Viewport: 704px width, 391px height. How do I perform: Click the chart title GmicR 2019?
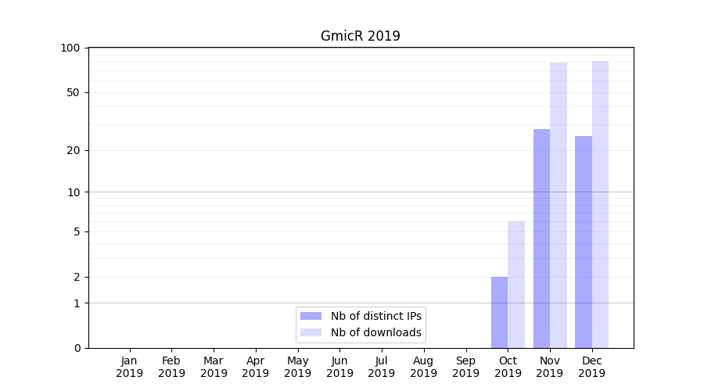pyautogui.click(x=360, y=36)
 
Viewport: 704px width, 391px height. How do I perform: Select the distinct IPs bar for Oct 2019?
pyautogui.click(x=499, y=312)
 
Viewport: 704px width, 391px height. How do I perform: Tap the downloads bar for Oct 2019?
pyautogui.click(x=516, y=285)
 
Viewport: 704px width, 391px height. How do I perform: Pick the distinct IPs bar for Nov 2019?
pyautogui.click(x=541, y=239)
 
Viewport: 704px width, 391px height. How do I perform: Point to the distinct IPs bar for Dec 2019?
pyautogui.click(x=584, y=242)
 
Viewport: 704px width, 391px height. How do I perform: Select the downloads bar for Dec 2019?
pyautogui.click(x=601, y=204)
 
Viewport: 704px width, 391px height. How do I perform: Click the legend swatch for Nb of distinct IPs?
pyautogui.click(x=311, y=316)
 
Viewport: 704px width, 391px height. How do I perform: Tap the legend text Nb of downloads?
pyautogui.click(x=375, y=332)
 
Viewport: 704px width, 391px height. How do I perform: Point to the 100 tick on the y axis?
pyautogui.click(x=70, y=48)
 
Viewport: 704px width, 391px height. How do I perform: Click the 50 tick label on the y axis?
pyautogui.click(x=74, y=92)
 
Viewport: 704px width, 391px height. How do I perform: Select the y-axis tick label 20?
pyautogui.click(x=74, y=150)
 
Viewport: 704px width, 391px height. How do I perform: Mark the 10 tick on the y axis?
pyautogui.click(x=74, y=192)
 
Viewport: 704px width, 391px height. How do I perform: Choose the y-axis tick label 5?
pyautogui.click(x=77, y=231)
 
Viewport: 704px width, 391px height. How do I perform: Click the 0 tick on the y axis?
pyautogui.click(x=77, y=348)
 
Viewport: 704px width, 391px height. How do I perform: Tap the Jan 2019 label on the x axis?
pyautogui.click(x=130, y=367)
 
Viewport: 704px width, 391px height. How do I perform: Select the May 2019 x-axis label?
pyautogui.click(x=298, y=367)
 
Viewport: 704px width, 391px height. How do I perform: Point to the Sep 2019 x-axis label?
pyautogui.click(x=465, y=367)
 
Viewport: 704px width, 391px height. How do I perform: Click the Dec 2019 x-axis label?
pyautogui.click(x=592, y=367)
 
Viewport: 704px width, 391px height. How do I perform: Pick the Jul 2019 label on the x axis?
pyautogui.click(x=382, y=367)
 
